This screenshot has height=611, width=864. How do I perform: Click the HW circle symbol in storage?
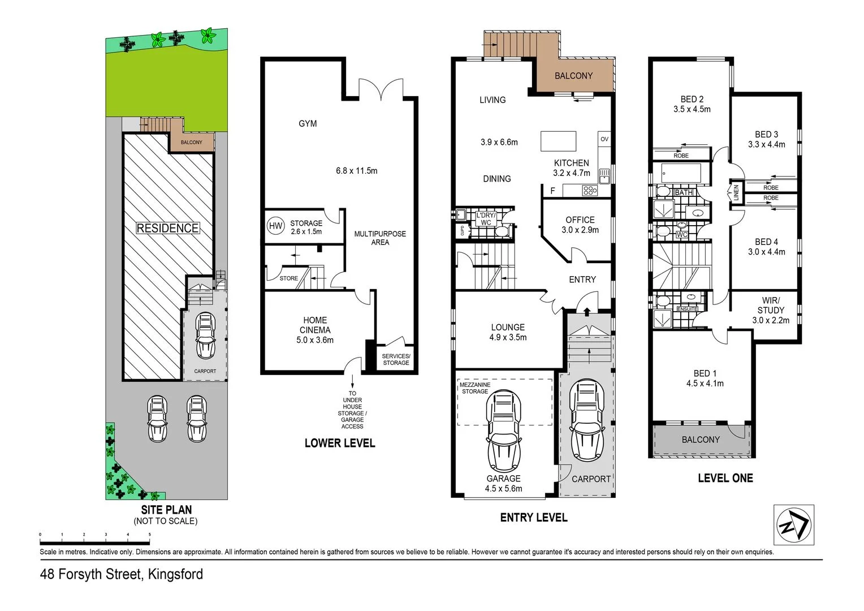tap(275, 226)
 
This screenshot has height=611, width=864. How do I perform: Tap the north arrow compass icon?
tap(793, 524)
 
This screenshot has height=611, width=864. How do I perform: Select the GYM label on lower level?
tap(308, 123)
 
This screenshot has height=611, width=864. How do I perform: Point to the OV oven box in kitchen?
tap(604, 139)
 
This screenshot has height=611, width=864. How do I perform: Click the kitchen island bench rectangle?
tap(558, 141)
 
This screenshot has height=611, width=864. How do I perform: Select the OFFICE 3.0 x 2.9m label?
tap(580, 225)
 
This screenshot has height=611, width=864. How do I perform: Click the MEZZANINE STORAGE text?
tap(475, 388)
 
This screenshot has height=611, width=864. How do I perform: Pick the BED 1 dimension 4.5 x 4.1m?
tap(705, 383)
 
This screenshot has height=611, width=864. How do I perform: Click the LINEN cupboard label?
tap(736, 192)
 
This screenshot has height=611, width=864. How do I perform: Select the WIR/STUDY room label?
tap(771, 310)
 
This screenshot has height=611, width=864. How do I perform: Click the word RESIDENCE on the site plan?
tap(167, 228)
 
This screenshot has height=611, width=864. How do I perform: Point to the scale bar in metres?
tap(94, 534)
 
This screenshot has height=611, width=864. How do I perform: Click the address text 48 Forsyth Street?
tap(122, 574)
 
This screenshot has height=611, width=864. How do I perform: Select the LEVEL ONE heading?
tap(725, 478)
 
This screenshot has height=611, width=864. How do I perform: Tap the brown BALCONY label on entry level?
tap(573, 76)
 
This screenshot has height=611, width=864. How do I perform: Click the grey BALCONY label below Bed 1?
tap(701, 440)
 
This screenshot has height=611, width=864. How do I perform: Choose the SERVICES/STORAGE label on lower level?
tap(396, 359)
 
